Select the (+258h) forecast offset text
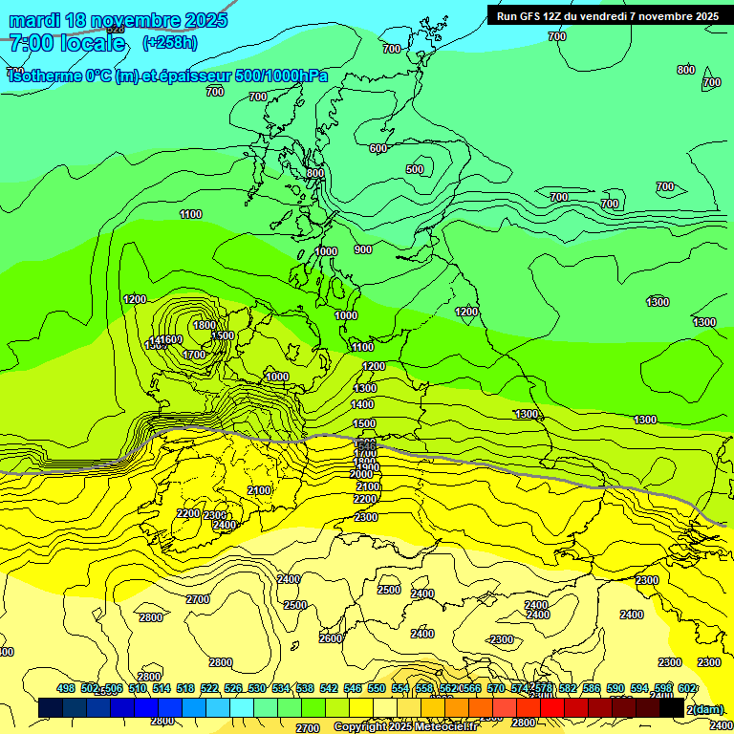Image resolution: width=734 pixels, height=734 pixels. [170, 43]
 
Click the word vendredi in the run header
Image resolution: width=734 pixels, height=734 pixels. [597, 15]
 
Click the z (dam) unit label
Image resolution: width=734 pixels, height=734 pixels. [705, 708]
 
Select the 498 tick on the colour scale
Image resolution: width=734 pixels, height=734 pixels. [66, 689]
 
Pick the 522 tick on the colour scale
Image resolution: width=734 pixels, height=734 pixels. [209, 689]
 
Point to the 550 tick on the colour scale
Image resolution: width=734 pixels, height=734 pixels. [377, 689]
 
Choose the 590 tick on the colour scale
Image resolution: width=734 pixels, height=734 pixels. [615, 689]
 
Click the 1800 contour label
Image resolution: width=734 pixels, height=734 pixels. [205, 325]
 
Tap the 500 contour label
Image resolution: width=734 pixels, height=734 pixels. [415, 169]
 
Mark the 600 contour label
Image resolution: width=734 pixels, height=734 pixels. [378, 148]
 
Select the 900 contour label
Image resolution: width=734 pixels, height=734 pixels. [363, 249]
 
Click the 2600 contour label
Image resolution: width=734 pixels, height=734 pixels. [331, 638]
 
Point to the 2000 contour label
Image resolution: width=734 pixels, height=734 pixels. [361, 474]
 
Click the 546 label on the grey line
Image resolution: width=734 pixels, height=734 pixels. [365, 445]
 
